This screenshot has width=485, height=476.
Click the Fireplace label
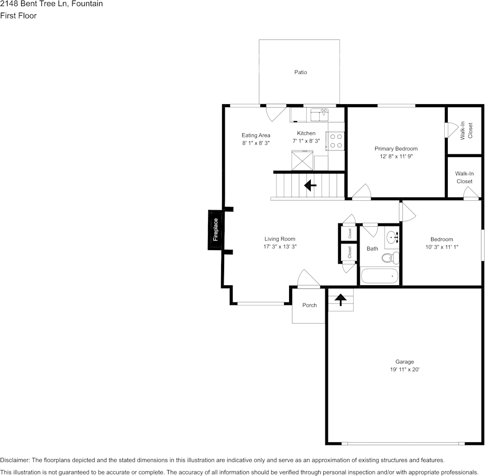click(216, 229)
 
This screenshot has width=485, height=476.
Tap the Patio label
click(301, 72)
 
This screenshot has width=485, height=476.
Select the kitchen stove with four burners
click(335, 140)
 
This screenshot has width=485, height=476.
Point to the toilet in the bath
click(389, 258)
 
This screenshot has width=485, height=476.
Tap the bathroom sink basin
click(392, 237)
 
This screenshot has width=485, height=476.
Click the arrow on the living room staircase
click(310, 186)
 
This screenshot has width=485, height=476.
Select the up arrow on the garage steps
click(340, 300)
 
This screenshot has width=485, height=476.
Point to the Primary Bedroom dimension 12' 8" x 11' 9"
click(396, 156)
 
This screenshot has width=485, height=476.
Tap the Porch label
click(309, 305)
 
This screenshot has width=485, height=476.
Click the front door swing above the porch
click(308, 279)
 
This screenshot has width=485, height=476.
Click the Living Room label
click(280, 239)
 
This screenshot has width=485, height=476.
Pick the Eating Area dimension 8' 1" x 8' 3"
click(256, 143)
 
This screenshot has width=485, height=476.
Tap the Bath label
click(372, 249)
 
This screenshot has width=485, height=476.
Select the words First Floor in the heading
click(18, 16)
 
